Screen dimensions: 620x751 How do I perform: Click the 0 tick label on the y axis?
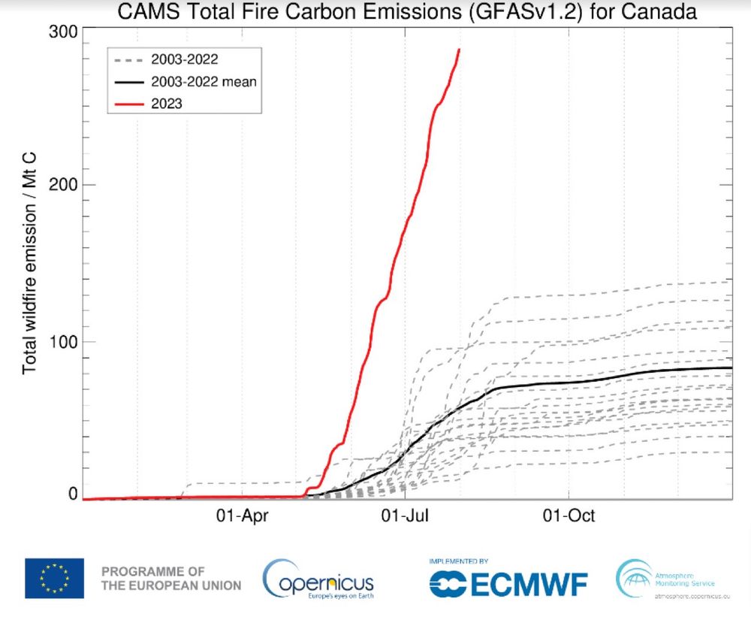[74, 494]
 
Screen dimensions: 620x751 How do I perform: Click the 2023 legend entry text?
[167, 104]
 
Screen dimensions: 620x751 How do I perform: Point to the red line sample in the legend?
[129, 104]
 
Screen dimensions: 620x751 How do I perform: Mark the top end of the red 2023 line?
[459, 50]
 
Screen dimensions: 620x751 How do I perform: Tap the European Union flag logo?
[53, 578]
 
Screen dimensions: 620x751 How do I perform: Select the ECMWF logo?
[508, 582]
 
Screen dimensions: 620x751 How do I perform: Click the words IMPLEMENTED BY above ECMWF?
[459, 561]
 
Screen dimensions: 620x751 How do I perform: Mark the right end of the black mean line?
[731, 367]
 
